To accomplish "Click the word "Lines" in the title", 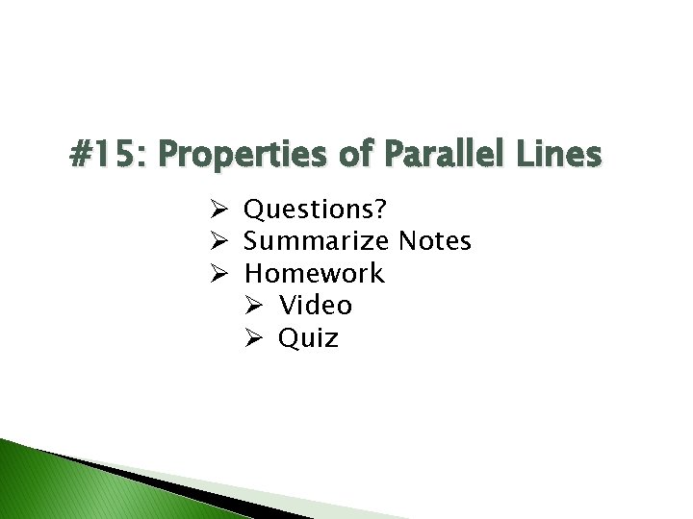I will click(x=562, y=154).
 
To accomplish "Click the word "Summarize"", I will click(x=317, y=241).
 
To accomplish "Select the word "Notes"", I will click(x=434, y=240).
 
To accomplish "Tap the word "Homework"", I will click(x=314, y=273).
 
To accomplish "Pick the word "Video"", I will click(x=316, y=306).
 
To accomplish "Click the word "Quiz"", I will click(x=308, y=338).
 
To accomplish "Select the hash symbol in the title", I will click(x=82, y=155).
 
